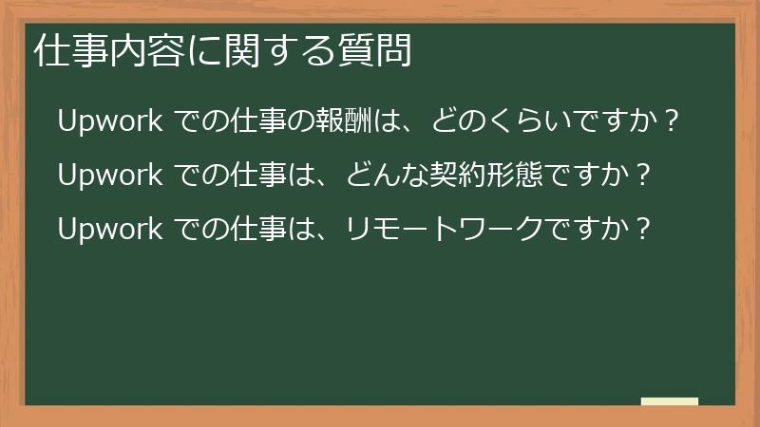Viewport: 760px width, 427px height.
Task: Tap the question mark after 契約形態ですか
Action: coord(643,176)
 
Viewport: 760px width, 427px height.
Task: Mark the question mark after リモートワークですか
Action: coord(643,229)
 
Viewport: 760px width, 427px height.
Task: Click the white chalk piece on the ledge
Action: coord(670,401)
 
